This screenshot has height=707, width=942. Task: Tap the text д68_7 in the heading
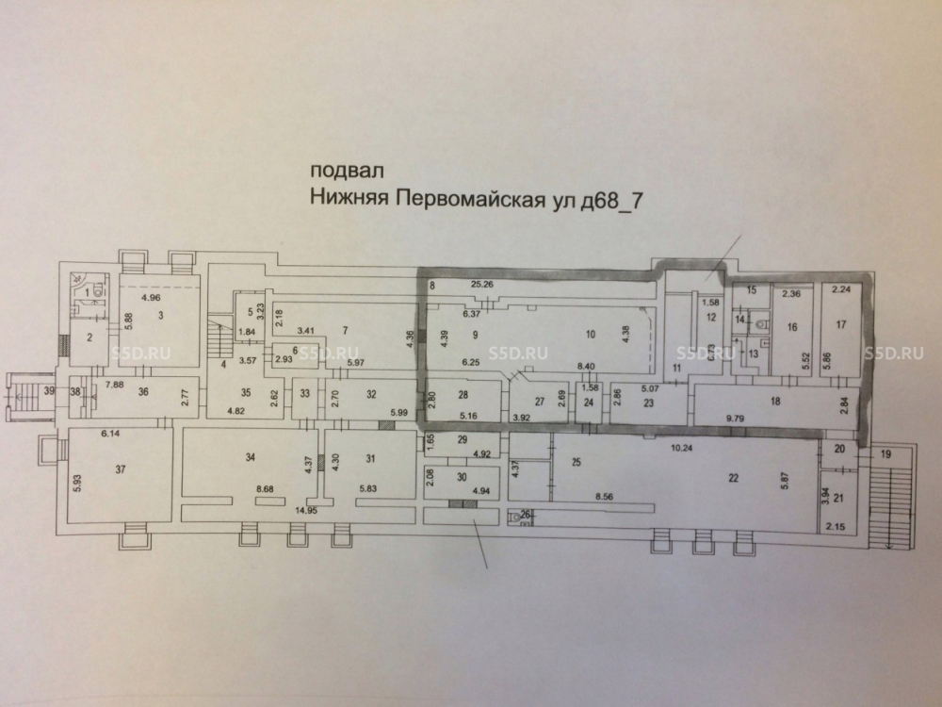coord(624,199)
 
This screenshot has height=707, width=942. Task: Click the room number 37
coord(120,469)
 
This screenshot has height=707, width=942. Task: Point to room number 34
coord(250,458)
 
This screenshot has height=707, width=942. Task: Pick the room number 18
coord(775,401)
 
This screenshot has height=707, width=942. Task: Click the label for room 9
coord(476,335)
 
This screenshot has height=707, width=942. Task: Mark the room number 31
coord(370,459)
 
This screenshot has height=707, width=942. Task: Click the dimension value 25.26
coord(481,284)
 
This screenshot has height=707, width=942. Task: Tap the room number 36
coord(144,393)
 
